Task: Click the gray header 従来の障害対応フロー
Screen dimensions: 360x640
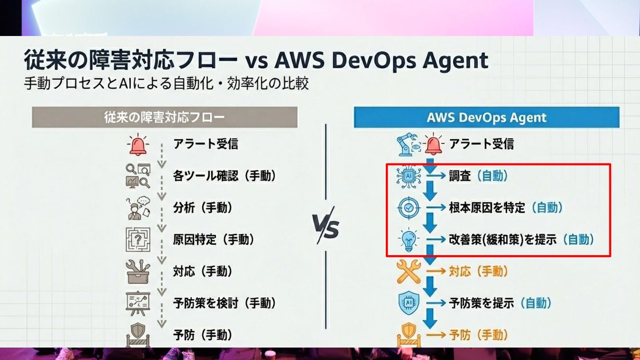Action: click(164, 117)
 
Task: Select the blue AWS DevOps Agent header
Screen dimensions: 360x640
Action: click(486, 117)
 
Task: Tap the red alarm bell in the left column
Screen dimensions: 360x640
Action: click(137, 144)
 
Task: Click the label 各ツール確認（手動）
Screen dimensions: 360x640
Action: click(224, 176)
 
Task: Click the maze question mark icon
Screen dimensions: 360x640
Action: click(137, 240)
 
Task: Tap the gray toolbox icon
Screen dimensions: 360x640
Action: click(137, 272)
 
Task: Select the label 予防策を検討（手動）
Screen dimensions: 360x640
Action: click(224, 304)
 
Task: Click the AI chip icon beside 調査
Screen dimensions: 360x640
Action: click(408, 176)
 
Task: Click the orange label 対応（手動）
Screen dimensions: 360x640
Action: click(478, 272)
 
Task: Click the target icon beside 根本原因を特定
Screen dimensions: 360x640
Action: click(408, 208)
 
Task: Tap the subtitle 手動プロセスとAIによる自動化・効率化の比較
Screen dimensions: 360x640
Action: click(166, 84)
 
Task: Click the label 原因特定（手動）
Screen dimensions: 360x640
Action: click(214, 240)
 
